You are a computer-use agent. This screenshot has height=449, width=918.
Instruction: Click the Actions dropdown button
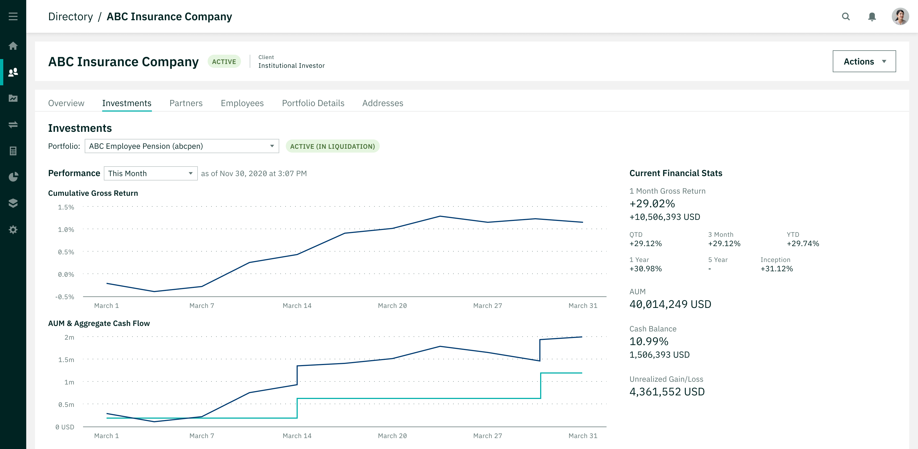point(864,61)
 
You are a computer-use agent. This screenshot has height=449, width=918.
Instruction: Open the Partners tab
point(186,103)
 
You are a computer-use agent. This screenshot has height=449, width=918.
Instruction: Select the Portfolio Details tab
point(313,103)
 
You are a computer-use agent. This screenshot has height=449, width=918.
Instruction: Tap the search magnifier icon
point(846,16)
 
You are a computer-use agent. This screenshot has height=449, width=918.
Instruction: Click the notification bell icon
point(872,16)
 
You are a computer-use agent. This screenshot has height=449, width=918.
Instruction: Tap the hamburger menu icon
point(13,16)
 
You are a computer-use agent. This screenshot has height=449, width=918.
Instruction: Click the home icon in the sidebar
point(13,46)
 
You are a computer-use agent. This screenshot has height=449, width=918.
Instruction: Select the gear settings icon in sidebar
point(13,229)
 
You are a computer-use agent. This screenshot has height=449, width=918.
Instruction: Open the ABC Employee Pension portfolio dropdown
point(181,146)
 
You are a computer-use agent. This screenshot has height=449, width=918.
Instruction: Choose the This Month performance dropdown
point(150,173)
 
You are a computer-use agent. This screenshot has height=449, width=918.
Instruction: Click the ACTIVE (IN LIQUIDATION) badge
point(332,146)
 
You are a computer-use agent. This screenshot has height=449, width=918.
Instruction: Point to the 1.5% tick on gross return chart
point(66,207)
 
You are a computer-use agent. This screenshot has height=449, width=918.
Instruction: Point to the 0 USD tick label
point(64,427)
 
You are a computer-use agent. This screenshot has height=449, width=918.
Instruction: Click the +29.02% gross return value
point(652,204)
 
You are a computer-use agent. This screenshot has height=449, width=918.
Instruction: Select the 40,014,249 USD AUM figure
point(670,304)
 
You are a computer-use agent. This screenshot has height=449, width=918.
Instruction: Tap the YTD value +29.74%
point(802,244)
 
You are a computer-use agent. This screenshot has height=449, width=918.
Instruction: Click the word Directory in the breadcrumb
point(70,16)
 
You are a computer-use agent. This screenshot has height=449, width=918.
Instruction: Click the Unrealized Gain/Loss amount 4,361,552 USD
point(667,392)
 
